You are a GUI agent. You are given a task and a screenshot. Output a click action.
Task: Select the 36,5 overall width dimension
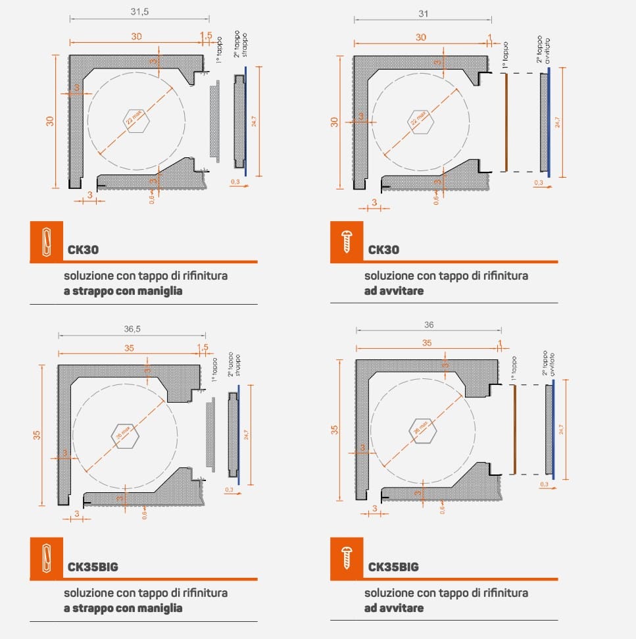tap(133, 328)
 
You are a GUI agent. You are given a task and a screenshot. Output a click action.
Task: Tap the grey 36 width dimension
tap(429, 325)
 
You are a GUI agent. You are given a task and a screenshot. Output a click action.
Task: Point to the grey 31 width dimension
tap(423, 13)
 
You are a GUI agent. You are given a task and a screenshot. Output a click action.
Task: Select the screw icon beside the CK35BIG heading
tap(347, 558)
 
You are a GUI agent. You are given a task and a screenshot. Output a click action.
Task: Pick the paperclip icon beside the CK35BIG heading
tap(46, 558)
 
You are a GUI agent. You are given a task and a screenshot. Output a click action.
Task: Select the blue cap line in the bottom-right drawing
tap(554, 430)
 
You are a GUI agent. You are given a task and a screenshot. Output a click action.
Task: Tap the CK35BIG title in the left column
tap(93, 567)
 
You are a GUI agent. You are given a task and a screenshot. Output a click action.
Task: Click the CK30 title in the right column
tap(383, 250)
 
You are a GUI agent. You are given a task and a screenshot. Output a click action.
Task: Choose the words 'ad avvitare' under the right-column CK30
tap(394, 290)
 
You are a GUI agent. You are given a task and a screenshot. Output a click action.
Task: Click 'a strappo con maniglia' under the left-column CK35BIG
tap(123, 608)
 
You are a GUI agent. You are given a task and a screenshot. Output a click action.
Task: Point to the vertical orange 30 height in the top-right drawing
tap(334, 122)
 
